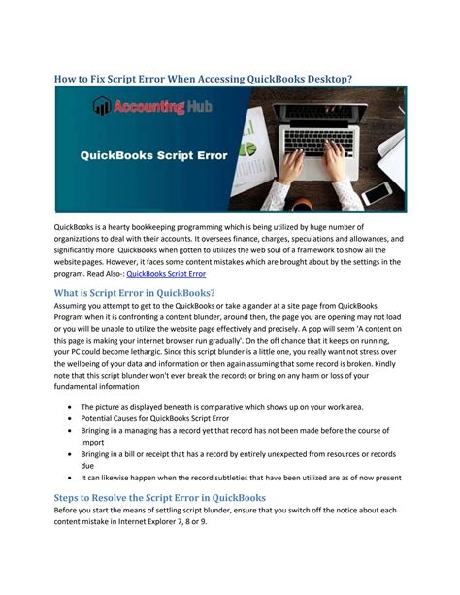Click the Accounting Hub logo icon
(100, 106)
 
